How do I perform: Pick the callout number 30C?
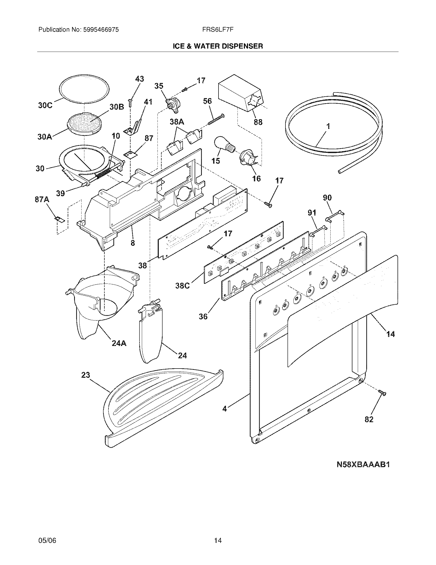coord(45,106)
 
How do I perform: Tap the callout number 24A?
coord(119,343)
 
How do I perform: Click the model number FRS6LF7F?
coord(218,30)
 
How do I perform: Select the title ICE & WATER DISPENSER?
coord(218,46)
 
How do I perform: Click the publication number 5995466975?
coord(101,30)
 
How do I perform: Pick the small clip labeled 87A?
coord(59,219)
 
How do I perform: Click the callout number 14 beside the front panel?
coord(390,334)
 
